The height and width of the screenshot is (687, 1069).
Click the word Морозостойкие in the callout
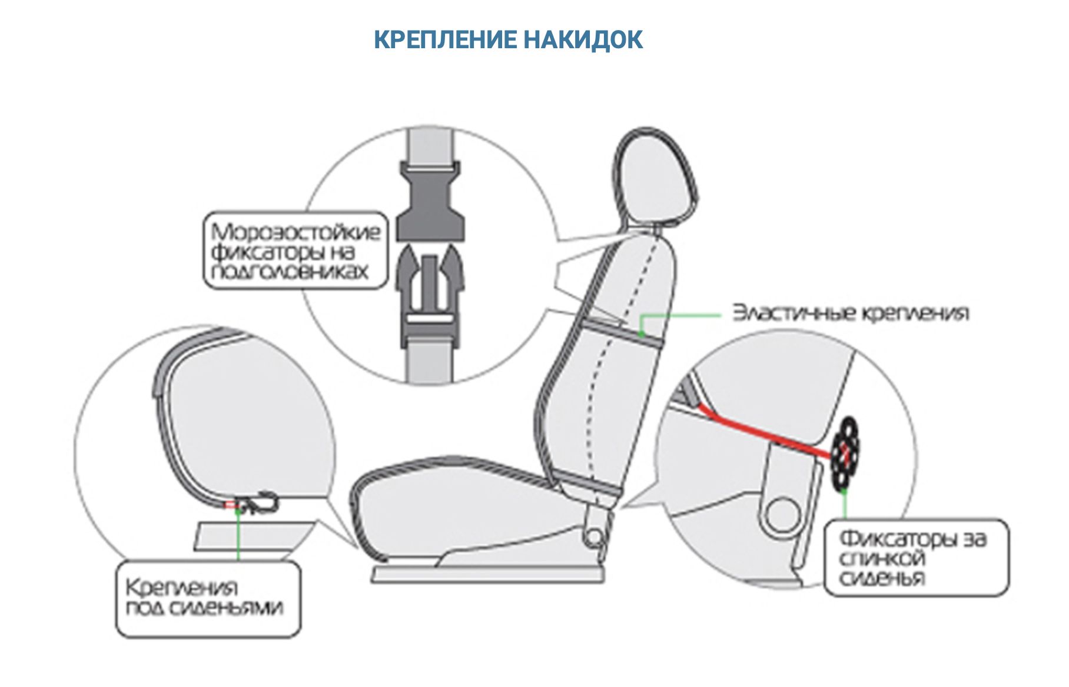pos(296,231)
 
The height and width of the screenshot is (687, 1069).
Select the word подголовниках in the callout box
pos(290,271)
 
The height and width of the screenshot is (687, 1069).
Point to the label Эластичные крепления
pos(850,312)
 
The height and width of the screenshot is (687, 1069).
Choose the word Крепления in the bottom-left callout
pos(181,587)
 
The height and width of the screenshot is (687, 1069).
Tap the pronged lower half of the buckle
pos(430,288)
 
